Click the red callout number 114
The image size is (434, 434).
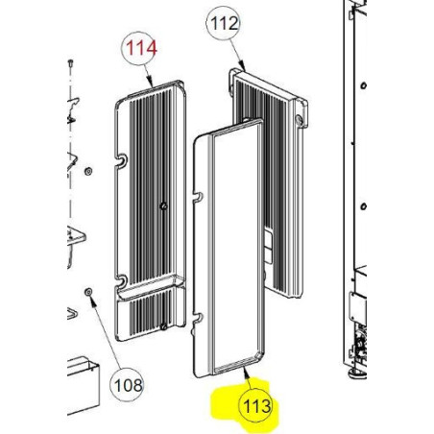[x=141, y=48]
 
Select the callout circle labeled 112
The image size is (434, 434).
[x=223, y=23]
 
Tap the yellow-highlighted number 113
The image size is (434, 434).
[x=257, y=406]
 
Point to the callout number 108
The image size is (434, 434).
[x=128, y=385]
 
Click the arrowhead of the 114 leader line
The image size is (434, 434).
[x=151, y=83]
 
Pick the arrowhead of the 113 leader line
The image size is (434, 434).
[x=246, y=372]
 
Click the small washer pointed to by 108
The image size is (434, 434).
[x=88, y=292]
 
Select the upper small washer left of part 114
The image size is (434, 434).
[x=88, y=171]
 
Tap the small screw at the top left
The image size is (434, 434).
[x=71, y=63]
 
